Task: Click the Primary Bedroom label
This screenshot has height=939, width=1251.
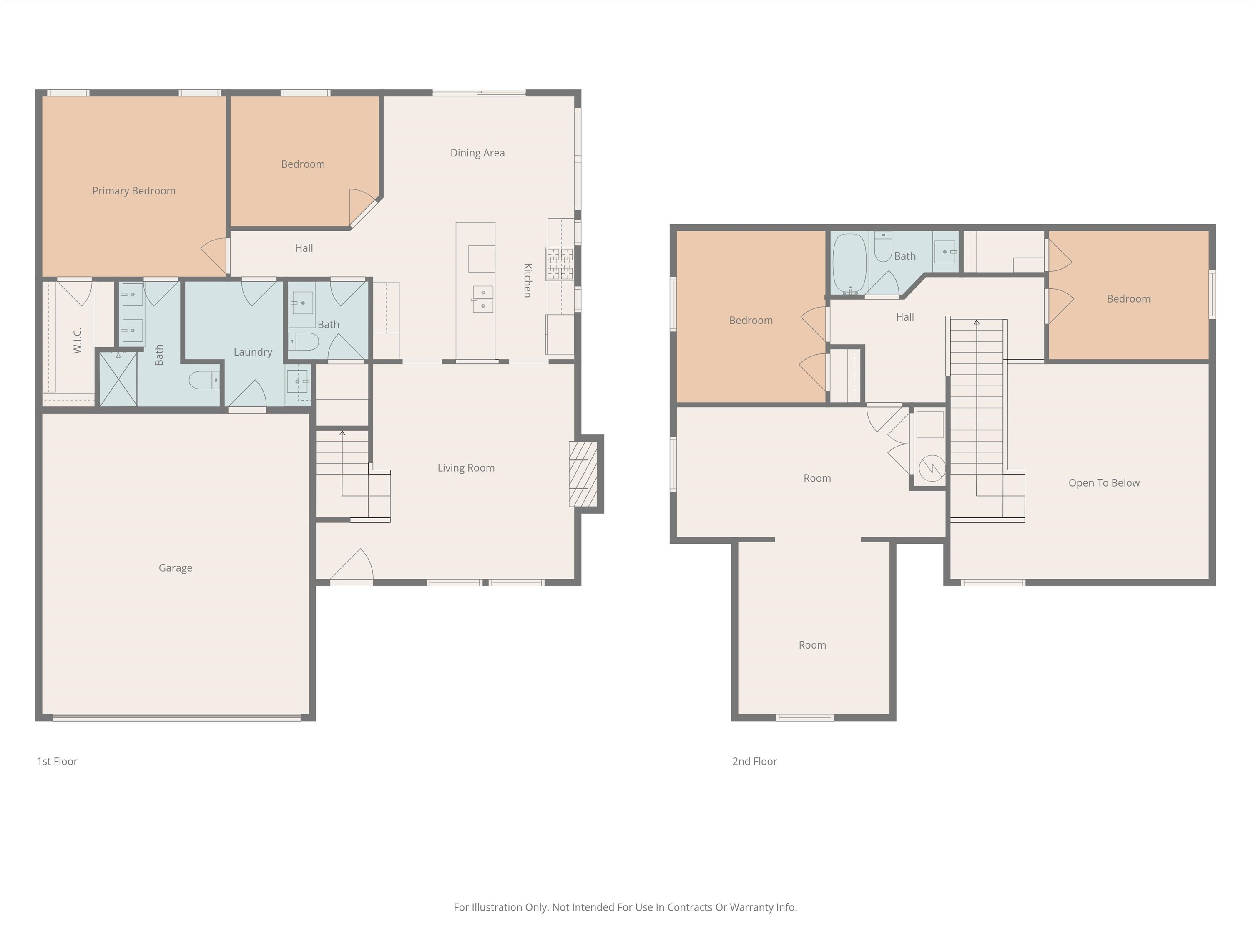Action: click(x=134, y=191)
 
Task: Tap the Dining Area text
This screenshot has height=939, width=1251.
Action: click(x=477, y=153)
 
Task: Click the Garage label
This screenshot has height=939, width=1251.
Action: click(x=175, y=568)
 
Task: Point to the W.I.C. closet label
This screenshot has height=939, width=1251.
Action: click(x=78, y=340)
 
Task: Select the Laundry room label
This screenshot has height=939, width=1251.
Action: click(x=253, y=352)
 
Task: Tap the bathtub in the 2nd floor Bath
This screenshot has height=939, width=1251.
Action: click(x=849, y=263)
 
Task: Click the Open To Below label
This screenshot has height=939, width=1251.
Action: click(x=1104, y=483)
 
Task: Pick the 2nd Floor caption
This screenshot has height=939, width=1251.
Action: click(x=754, y=761)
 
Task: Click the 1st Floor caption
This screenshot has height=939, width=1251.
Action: click(x=57, y=761)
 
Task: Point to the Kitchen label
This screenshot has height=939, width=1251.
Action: click(x=527, y=280)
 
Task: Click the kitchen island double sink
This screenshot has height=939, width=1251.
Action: click(x=482, y=299)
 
